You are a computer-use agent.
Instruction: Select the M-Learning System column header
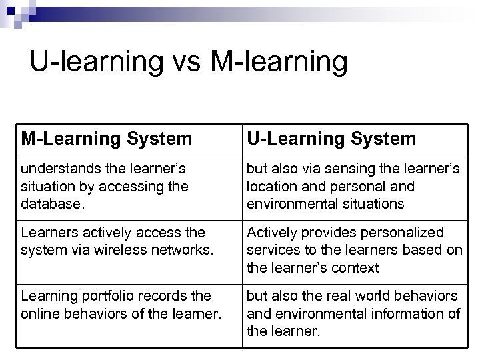tap(107, 139)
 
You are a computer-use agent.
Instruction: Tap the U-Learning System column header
tap(331, 139)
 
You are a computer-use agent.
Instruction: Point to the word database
tap(49, 203)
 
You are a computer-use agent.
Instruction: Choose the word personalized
tap(399, 233)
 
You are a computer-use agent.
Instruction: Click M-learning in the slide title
tap(278, 61)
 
